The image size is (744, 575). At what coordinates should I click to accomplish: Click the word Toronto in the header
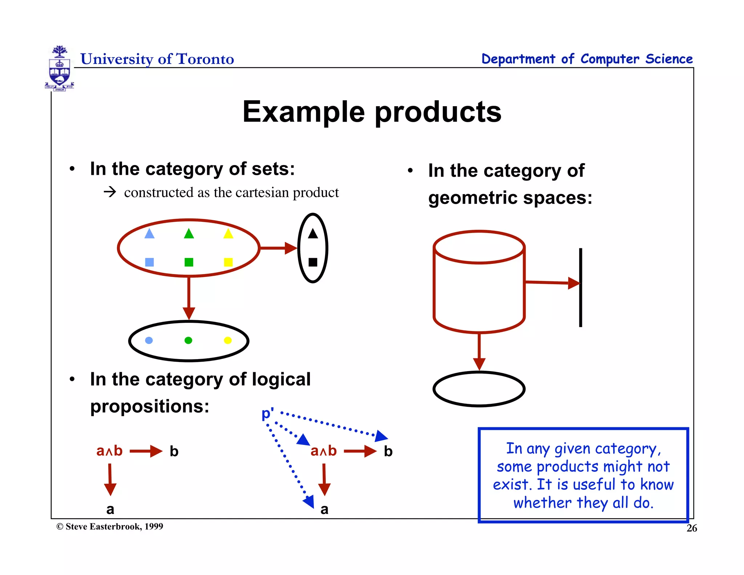[205, 59]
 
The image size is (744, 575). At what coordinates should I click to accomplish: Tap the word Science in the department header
[669, 59]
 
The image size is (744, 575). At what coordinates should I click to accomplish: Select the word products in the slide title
[438, 112]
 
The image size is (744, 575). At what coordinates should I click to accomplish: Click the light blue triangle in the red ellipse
[149, 234]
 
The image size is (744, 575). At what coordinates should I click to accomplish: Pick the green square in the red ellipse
[189, 262]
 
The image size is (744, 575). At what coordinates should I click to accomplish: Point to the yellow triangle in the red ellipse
[228, 234]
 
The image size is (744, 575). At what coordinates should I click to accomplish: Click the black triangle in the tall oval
[313, 234]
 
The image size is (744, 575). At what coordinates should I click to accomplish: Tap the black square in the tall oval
[313, 262]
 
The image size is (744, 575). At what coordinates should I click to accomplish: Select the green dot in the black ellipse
[188, 340]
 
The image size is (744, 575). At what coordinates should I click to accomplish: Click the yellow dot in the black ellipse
[228, 340]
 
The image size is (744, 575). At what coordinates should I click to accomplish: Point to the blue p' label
[267, 414]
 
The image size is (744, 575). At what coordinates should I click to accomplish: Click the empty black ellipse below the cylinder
[479, 389]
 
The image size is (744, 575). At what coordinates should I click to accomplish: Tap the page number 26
[691, 528]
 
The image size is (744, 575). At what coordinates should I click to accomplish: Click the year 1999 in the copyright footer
[154, 526]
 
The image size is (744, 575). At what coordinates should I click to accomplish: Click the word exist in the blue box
[511, 484]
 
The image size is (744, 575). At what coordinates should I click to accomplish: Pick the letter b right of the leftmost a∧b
[174, 451]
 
